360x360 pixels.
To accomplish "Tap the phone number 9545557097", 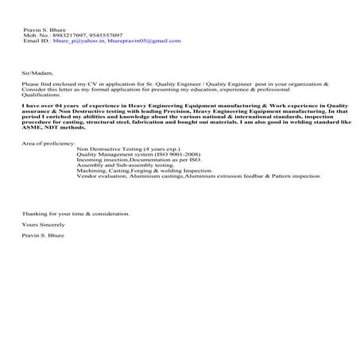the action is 107,36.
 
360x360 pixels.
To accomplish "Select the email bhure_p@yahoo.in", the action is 75,41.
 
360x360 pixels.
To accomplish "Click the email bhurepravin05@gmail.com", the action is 135,41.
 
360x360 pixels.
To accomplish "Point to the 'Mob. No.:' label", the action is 37,36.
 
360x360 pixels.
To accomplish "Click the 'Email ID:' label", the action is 37,41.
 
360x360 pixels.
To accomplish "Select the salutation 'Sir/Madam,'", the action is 37,71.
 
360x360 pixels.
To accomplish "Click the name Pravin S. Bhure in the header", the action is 45,30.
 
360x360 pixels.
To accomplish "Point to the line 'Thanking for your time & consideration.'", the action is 75,214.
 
